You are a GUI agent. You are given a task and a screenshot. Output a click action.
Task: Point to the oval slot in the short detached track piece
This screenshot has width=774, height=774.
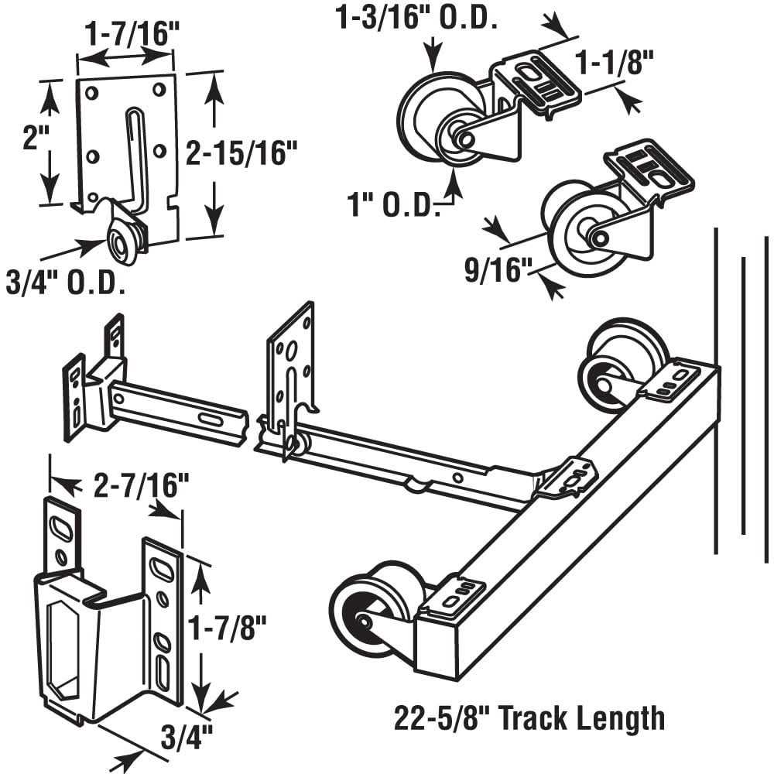pos(209,418)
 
